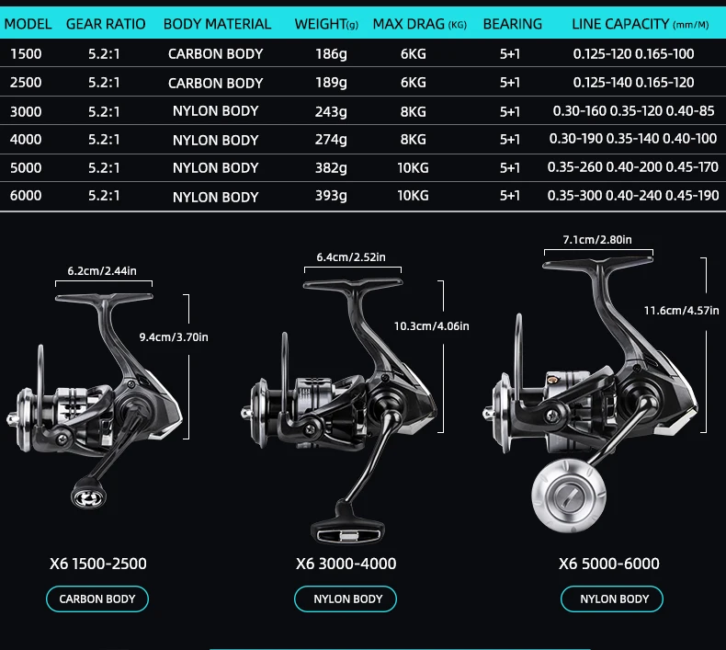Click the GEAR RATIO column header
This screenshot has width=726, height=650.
106,24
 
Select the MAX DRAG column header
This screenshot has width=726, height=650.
419,24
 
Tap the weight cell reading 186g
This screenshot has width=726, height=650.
331,54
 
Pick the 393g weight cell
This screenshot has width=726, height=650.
331,196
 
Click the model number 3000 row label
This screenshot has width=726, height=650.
26,111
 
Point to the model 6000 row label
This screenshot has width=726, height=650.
26,196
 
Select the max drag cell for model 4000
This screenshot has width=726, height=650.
413,140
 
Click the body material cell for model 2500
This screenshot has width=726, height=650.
215,83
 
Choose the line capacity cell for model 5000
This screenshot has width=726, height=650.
633,167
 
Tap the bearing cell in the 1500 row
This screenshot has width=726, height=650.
510,54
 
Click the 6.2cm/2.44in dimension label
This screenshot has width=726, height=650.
102,271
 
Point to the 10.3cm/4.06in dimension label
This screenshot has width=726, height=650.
432,326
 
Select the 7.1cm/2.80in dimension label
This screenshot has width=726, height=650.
597,240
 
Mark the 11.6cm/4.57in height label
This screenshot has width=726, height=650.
682,311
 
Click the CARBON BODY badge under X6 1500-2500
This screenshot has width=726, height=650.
97,599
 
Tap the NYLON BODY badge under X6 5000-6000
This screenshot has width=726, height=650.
612,599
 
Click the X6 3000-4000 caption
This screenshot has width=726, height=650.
346,564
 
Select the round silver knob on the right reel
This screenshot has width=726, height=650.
569,496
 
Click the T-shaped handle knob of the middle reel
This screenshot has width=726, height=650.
347,530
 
